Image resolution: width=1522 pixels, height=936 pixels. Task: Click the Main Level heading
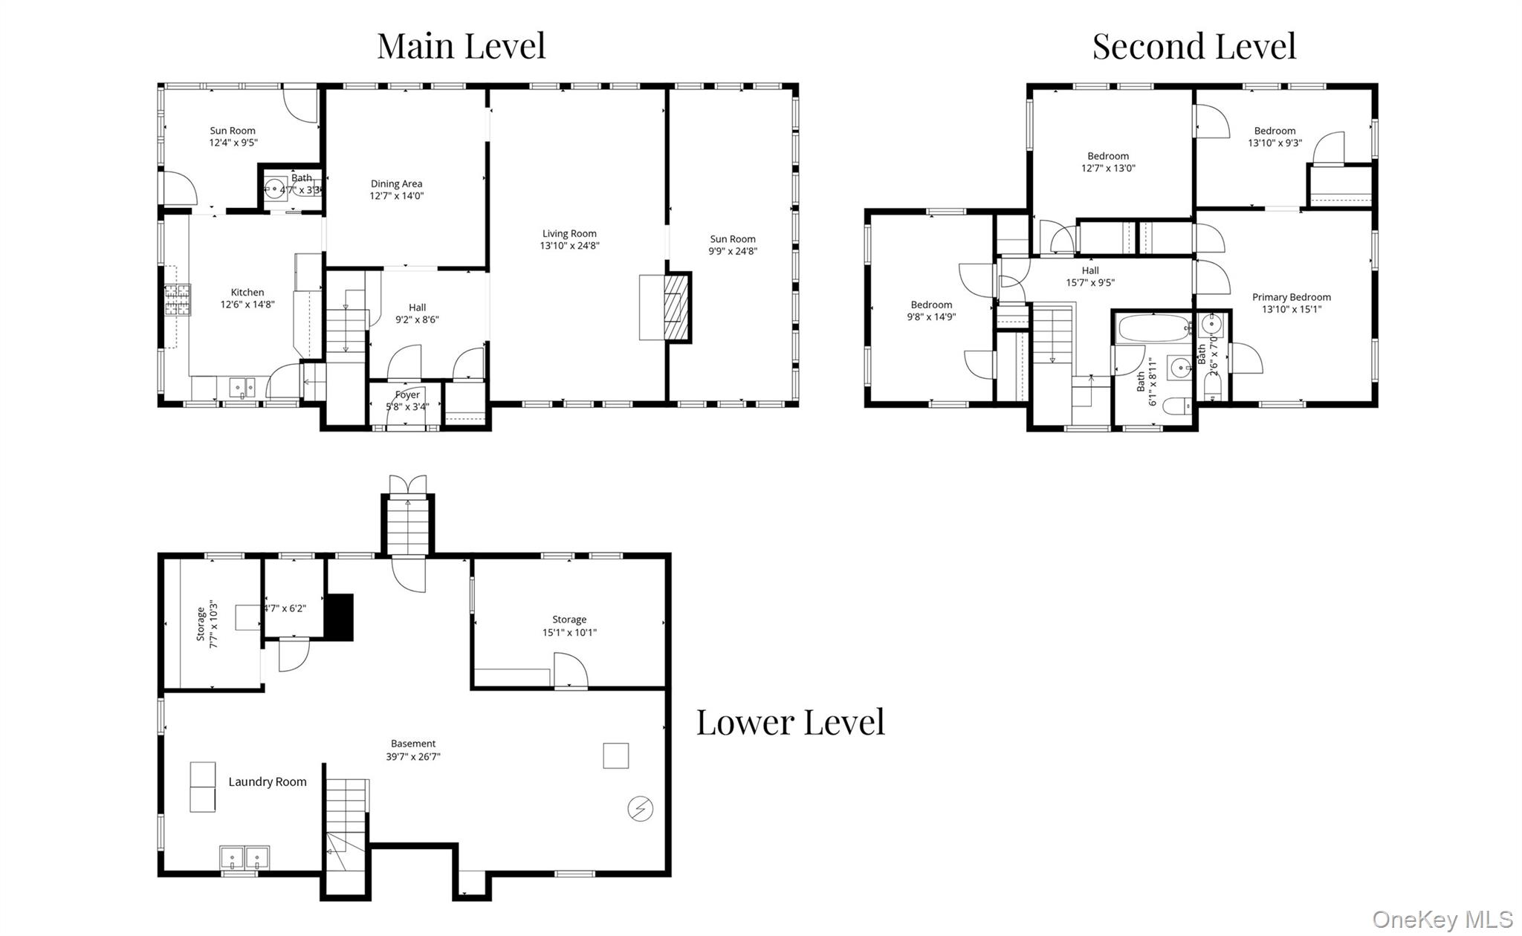462,46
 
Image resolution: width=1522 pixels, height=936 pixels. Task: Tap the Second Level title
1194,46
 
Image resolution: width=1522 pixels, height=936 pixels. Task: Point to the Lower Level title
791,722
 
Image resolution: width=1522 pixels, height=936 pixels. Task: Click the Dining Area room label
396,183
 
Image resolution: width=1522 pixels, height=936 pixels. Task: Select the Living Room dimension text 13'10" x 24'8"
569,246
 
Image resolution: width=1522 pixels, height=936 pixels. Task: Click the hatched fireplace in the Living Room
676,308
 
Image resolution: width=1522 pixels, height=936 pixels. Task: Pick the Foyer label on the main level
407,395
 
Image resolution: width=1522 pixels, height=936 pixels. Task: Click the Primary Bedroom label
1292,297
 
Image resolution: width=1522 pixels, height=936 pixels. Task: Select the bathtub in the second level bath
1154,328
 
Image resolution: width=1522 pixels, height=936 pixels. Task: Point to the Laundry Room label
268,781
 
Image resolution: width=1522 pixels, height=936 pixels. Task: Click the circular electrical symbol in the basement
640,808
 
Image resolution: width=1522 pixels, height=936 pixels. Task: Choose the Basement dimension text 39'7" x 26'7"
413,757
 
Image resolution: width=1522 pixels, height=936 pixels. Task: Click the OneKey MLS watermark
1442,920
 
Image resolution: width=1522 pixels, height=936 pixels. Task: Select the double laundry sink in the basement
245,858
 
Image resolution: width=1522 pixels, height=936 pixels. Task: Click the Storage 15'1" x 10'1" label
569,626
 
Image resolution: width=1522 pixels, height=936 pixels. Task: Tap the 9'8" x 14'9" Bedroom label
931,311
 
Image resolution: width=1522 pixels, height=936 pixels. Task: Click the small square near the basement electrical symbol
615,756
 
